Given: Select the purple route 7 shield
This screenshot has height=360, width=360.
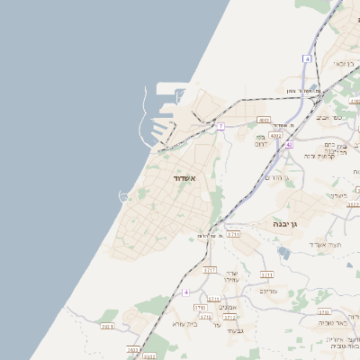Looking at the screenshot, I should pyautogui.click(x=220, y=126).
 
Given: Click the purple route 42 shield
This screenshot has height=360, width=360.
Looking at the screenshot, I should pyautogui.click(x=288, y=144).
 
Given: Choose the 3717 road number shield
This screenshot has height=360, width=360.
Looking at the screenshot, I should pyautogui.click(x=210, y=269).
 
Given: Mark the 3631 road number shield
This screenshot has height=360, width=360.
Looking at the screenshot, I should pyautogui.click(x=108, y=326).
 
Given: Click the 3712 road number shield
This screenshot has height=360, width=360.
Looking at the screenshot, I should pyautogui.click(x=230, y=317).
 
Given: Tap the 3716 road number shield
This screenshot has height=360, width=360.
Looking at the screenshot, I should pyautogui.click(x=206, y=317).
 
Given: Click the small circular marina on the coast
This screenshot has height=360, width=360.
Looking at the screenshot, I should pyautogui.click(x=124, y=196).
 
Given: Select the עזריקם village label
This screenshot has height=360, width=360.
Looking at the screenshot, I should pyautogui.click(x=268, y=291).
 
